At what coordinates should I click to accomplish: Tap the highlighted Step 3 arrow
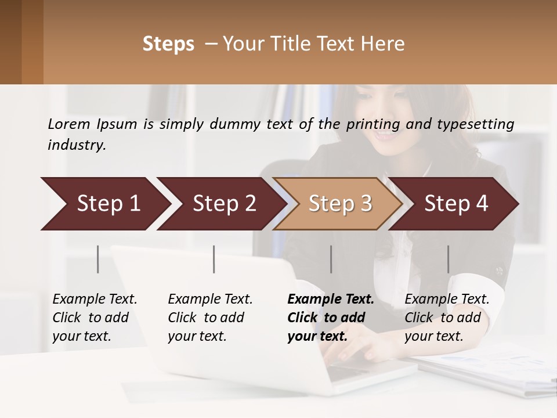(x=340, y=204)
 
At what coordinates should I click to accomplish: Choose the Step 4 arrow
(x=456, y=204)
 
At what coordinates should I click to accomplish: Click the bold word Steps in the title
(x=168, y=44)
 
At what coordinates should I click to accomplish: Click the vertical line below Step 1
(x=98, y=259)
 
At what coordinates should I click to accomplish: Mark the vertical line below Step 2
(x=214, y=259)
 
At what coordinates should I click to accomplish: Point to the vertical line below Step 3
(x=331, y=259)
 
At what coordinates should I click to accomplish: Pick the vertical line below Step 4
(x=448, y=259)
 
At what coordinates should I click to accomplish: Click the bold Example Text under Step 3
(x=331, y=300)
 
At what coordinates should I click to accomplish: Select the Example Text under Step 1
(x=95, y=300)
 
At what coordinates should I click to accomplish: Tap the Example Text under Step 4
(x=447, y=300)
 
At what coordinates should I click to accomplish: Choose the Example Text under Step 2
(x=210, y=300)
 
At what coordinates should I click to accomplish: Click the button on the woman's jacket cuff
(x=498, y=271)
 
